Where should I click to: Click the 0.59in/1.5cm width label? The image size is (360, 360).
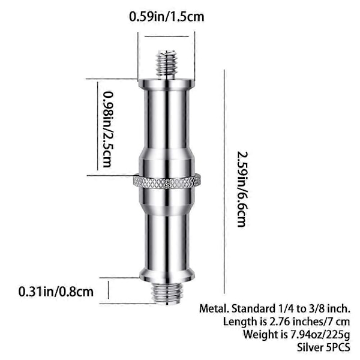click(x=166, y=17)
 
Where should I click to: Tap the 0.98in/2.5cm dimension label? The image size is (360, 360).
click(x=107, y=130)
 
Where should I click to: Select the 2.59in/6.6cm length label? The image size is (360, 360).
click(x=242, y=189)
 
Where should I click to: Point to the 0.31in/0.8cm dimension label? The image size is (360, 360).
click(x=56, y=292)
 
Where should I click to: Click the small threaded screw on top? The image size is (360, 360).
click(x=167, y=65)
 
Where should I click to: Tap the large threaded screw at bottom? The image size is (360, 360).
click(x=167, y=292)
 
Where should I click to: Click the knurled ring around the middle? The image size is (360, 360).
click(x=167, y=181)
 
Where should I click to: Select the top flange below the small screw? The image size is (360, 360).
click(x=167, y=83)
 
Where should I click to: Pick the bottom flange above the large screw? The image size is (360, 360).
click(x=167, y=275)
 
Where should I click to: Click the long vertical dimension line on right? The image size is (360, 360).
click(x=224, y=181)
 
